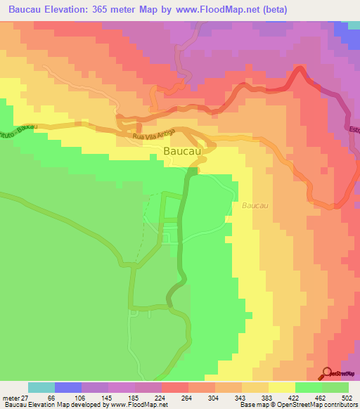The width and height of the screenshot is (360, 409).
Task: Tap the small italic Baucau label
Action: coord(255,206)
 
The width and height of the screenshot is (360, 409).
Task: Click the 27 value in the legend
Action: coord(29,397)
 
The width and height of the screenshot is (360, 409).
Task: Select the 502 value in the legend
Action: coord(346,397)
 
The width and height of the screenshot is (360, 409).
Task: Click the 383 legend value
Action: coord(267,397)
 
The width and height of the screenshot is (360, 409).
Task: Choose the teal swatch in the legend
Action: coord(41,387)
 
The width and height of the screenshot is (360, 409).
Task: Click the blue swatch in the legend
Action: coord(68,387)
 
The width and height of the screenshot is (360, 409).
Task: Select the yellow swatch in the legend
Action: coord(281,387)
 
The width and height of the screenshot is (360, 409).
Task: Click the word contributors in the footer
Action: coord(340,405)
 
